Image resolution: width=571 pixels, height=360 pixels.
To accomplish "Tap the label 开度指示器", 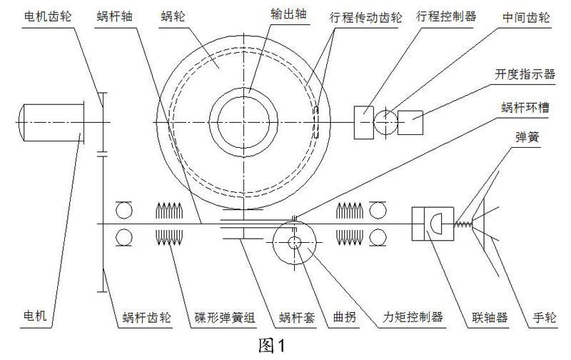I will (x=525, y=72).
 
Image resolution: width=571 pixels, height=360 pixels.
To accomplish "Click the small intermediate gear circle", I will (x=386, y=121).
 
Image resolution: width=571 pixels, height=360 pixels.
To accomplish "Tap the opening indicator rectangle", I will (x=411, y=121).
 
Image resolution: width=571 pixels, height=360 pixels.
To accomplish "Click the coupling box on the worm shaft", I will (x=430, y=224).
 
